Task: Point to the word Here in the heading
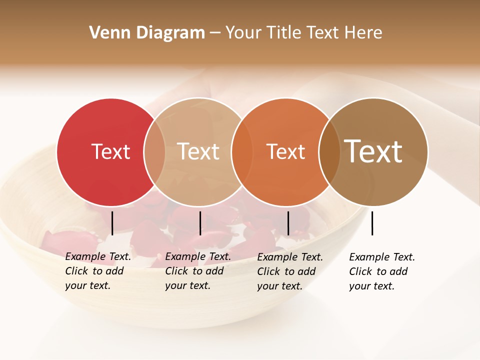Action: [x=363, y=33]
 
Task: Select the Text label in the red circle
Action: [x=110, y=151]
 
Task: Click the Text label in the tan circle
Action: [x=198, y=151]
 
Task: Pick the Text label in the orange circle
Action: [x=285, y=151]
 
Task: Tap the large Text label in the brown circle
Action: [x=373, y=151]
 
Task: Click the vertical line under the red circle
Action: [x=112, y=223]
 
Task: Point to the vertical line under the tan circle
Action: [x=200, y=223]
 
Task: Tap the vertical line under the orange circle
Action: [x=288, y=223]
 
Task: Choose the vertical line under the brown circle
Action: [x=372, y=223]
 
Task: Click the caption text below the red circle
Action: [x=97, y=271]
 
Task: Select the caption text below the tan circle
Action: [x=197, y=271]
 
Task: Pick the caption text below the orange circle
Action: [x=289, y=271]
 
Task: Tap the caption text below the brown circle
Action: [x=381, y=271]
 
